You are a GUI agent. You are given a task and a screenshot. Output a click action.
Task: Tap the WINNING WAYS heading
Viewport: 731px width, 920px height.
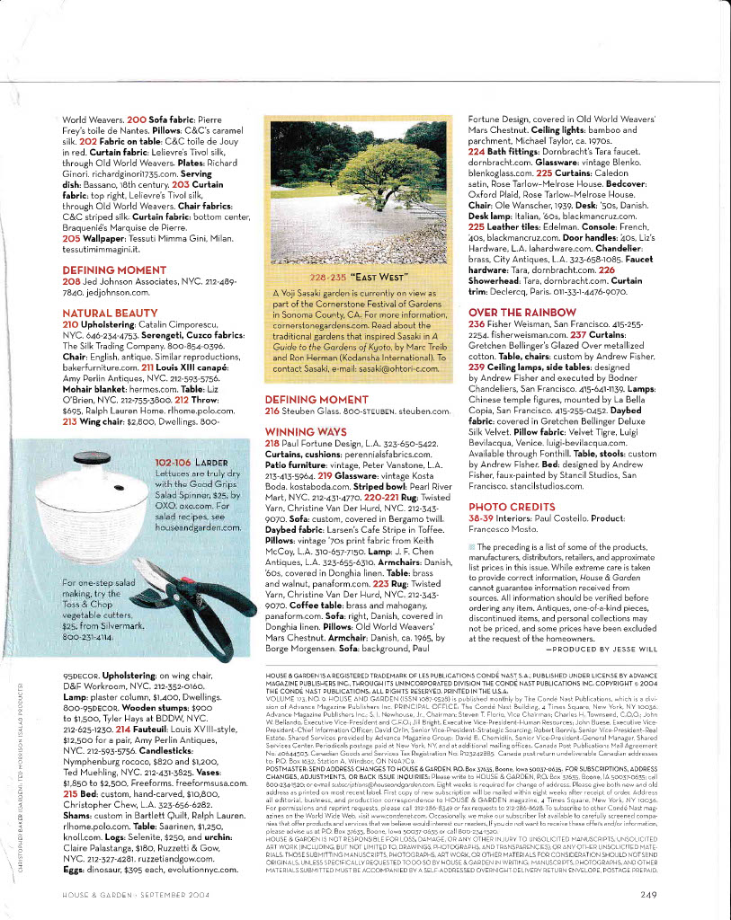[x=307, y=432]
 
